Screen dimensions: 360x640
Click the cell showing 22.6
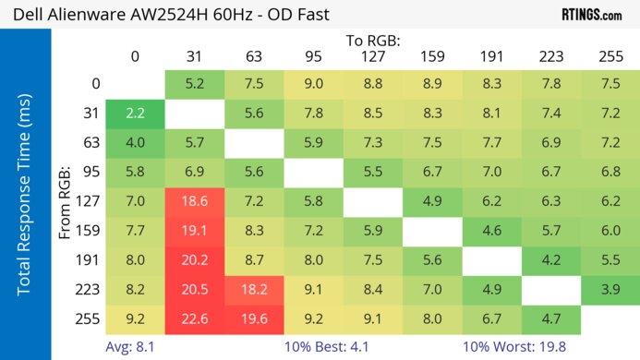pyautogui.click(x=195, y=320)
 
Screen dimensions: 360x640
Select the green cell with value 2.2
pyautogui.click(x=135, y=114)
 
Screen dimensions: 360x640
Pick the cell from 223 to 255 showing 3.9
pyautogui.click(x=610, y=289)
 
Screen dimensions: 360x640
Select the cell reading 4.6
pyautogui.click(x=491, y=231)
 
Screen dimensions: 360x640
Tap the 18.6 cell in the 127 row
pyautogui.click(x=195, y=201)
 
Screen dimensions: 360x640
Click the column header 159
pyautogui.click(x=432, y=57)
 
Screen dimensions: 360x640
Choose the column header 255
pyautogui.click(x=610, y=57)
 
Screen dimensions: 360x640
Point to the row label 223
pyautogui.click(x=86, y=289)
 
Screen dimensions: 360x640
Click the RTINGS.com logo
pyautogui.click(x=591, y=15)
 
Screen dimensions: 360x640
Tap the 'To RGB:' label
pyautogui.click(x=373, y=41)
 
